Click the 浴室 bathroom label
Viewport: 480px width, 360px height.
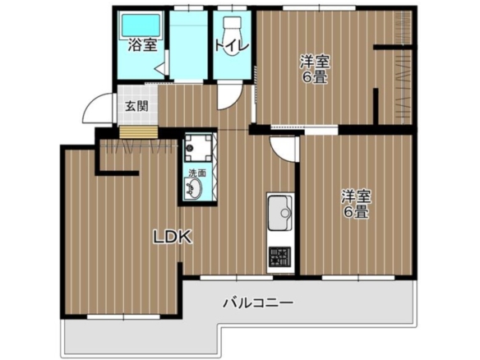coord(143,45)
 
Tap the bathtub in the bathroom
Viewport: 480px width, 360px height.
coord(141,25)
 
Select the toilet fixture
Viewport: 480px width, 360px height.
coord(232,36)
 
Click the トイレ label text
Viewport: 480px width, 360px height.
coord(232,46)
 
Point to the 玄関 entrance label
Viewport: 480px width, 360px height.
coord(136,106)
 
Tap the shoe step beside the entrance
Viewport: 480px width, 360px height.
coord(138,132)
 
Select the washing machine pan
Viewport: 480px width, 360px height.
coord(198,148)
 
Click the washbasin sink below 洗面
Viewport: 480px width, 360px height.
coord(193,188)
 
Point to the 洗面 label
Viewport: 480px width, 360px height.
coord(197,173)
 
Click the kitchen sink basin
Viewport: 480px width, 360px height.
coord(279,213)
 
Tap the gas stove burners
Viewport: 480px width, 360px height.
coord(279,256)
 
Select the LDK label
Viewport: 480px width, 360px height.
coord(173,237)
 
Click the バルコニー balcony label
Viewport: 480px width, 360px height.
coord(258,303)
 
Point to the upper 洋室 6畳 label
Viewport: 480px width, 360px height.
coord(315,69)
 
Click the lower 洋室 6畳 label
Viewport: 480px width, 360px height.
coord(357,204)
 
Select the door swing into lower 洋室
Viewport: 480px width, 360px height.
coord(284,150)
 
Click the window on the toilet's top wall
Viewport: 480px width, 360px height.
coord(232,7)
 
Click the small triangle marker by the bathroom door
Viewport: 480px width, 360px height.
coord(160,69)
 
